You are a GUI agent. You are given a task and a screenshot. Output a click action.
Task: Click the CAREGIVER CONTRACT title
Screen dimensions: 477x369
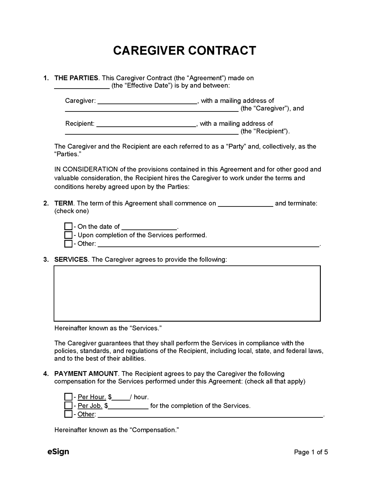point(184,50)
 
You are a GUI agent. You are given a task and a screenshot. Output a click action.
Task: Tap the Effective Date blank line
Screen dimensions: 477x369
point(82,87)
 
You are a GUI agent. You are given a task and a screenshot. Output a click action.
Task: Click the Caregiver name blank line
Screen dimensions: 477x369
point(147,102)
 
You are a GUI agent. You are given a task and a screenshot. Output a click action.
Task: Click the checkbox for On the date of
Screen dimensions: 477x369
point(68,226)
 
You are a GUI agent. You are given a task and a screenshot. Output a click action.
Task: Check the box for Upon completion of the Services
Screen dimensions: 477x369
point(68,235)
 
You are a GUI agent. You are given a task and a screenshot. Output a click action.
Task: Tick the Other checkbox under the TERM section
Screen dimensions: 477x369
point(68,243)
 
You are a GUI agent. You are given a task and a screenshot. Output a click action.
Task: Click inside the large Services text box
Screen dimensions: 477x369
point(187,293)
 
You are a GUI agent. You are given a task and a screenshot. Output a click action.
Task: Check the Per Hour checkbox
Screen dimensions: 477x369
point(68,397)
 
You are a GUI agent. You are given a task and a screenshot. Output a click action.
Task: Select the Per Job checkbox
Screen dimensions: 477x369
point(68,405)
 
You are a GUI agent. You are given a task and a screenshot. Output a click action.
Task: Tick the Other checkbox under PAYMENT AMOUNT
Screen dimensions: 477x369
point(68,414)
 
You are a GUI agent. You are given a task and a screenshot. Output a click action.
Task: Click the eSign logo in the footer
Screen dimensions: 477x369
point(58,452)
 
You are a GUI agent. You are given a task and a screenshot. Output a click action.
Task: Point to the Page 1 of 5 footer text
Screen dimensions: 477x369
point(311,452)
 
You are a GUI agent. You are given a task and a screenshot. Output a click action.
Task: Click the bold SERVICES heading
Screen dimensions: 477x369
point(71,259)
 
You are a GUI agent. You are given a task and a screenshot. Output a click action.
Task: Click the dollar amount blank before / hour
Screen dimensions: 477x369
point(121,398)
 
